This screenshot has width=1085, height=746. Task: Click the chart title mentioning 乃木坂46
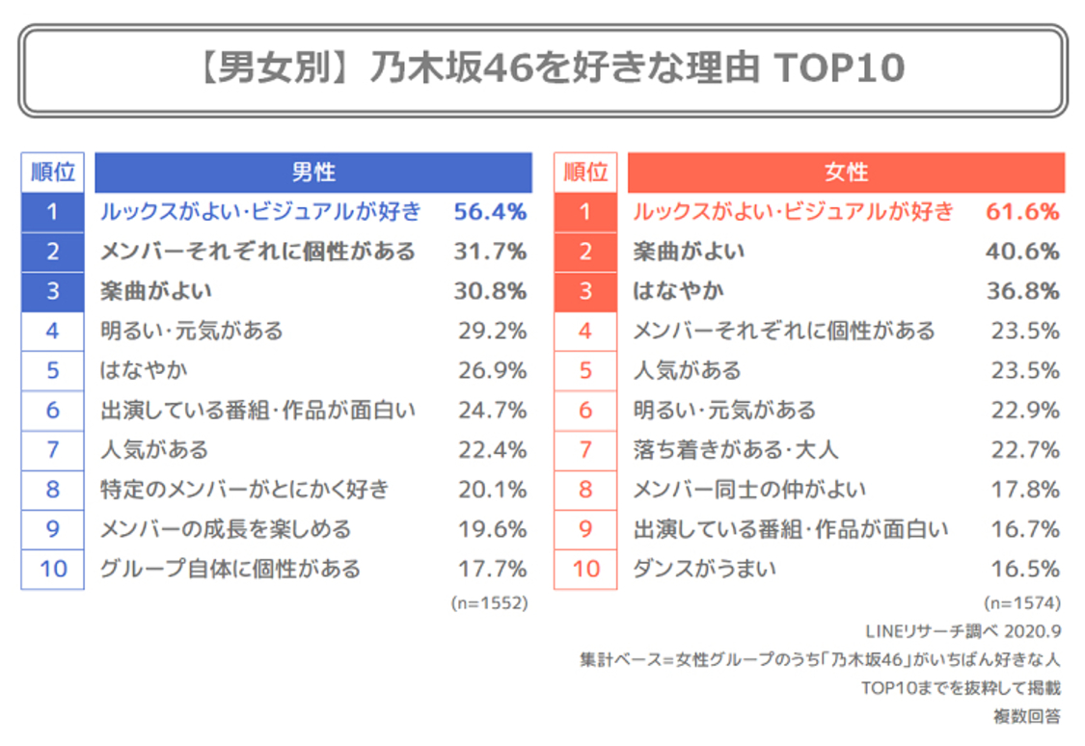pos(542,68)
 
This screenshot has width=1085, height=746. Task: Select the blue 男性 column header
pos(312,173)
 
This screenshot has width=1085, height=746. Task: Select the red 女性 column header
pos(846,173)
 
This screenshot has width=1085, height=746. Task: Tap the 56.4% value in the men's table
pos(490,212)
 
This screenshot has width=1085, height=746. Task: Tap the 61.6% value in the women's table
pos(1022,212)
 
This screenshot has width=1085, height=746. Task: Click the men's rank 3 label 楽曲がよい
pos(156,291)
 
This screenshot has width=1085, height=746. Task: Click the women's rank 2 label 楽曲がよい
pos(689,252)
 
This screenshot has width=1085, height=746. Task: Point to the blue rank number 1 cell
pos(52,212)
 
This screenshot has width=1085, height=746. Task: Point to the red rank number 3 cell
pos(584,291)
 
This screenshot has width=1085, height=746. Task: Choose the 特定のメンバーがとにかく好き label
pos(245,490)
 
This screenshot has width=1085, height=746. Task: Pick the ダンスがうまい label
pos(692,569)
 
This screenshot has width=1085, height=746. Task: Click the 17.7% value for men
pos(492,569)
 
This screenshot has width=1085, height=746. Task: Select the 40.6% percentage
pos(1022,252)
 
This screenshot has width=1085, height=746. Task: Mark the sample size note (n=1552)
pos(489,603)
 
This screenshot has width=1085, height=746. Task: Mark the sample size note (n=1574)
pos(1022,603)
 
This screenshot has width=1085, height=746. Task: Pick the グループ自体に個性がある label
pos(231,569)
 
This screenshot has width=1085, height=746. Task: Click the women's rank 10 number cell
pos(584,569)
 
